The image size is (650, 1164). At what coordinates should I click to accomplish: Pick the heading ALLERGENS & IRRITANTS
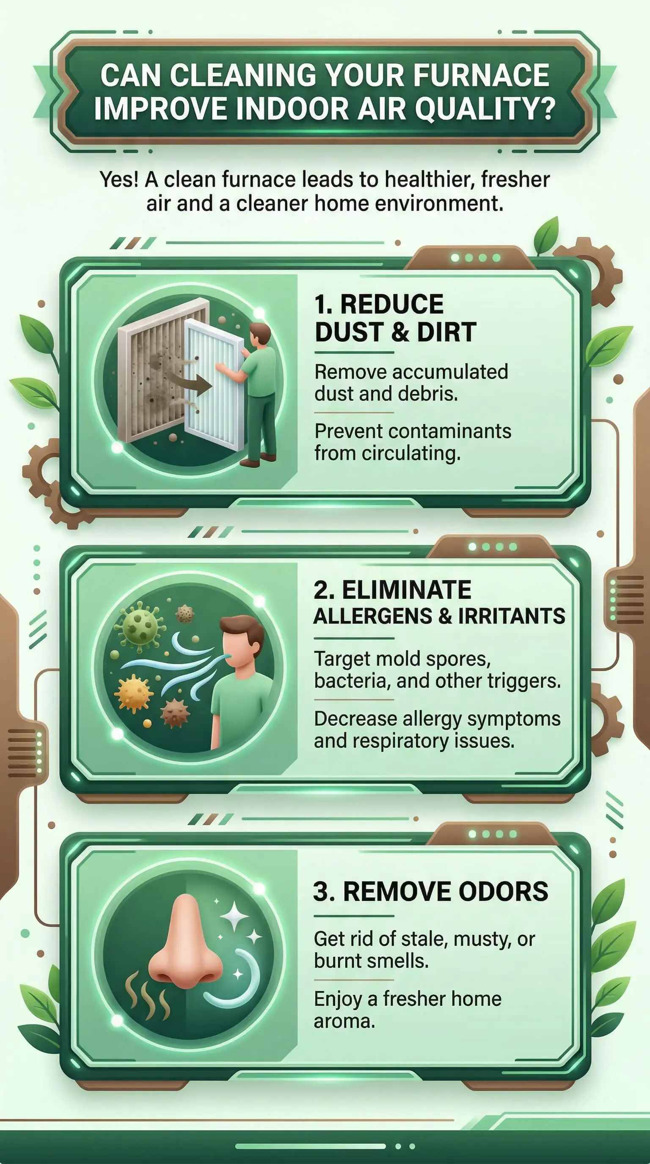click(439, 616)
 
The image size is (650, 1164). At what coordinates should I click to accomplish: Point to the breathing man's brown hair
click(244, 632)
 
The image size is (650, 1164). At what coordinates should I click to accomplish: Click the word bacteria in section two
click(352, 681)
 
